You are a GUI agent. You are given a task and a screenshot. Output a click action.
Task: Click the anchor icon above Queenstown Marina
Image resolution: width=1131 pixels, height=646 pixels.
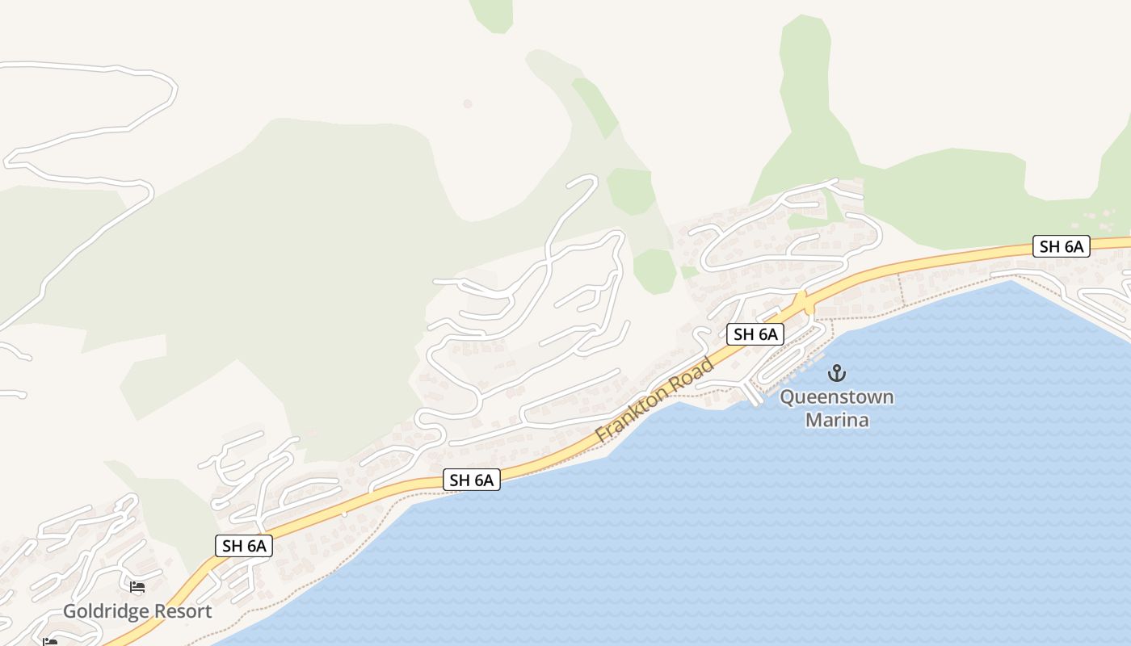(x=837, y=373)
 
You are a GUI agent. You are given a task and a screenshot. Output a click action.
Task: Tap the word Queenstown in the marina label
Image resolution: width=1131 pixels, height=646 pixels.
(x=837, y=397)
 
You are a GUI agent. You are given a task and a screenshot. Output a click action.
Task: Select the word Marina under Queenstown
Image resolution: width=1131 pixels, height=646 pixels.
(x=837, y=420)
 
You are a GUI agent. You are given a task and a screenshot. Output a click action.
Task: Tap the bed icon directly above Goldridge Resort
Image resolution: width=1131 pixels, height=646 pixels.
(x=137, y=587)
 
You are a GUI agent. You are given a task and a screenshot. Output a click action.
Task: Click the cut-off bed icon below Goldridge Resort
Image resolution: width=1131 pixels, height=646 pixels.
(x=51, y=643)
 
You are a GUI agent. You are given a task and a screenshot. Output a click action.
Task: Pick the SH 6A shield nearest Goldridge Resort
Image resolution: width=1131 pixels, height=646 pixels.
(x=244, y=546)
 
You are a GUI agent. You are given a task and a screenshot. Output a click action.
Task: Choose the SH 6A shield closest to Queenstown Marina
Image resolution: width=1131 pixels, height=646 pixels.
(x=755, y=334)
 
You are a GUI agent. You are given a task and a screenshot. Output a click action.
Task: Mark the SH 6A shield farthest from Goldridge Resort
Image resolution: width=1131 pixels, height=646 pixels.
(x=1062, y=247)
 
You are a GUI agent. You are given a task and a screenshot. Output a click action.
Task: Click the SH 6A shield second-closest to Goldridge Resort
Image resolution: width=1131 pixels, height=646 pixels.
(x=472, y=480)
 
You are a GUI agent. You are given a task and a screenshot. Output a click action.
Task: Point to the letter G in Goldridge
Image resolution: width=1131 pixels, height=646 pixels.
(x=69, y=611)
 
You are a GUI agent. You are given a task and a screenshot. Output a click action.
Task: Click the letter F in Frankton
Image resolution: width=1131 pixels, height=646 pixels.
(x=602, y=435)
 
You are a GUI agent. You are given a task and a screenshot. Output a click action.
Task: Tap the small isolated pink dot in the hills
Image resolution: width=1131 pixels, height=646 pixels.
(x=467, y=103)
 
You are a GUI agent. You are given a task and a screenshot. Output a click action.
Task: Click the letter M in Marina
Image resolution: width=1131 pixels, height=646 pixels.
(x=814, y=420)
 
